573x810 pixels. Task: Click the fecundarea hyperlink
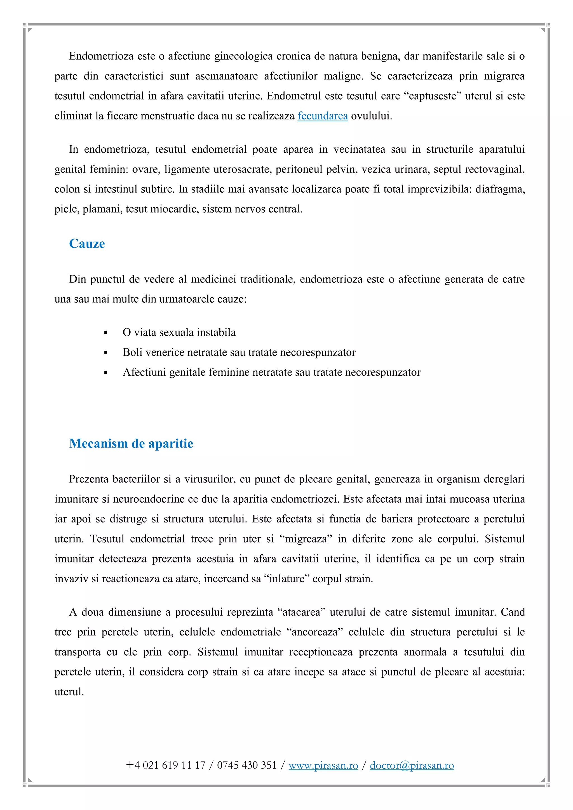(323, 116)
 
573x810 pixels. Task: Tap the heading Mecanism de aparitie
(131, 443)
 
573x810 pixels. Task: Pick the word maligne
(342, 76)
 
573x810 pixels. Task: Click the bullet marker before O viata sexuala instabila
(106, 333)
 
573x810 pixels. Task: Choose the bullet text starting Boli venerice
(239, 352)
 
